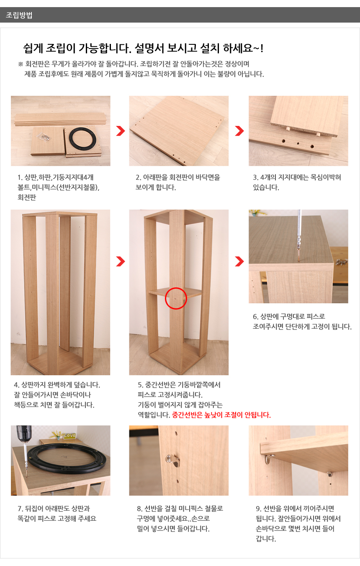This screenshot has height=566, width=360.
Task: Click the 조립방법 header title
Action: pos(19,15)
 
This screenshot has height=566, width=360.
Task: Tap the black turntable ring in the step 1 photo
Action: pos(82,129)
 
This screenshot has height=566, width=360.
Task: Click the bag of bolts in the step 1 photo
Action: pos(45,137)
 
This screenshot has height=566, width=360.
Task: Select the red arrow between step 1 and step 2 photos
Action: pos(121,131)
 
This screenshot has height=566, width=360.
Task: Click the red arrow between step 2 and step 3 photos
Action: pos(239,131)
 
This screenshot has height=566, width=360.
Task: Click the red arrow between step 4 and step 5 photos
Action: pos(121,261)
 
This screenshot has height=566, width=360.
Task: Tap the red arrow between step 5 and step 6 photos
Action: pos(239,261)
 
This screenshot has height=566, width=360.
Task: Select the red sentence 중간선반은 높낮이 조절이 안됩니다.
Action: pos(221,415)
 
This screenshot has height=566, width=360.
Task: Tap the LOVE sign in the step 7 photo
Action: pos(69,435)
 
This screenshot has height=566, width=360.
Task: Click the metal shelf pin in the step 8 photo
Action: pos(172,461)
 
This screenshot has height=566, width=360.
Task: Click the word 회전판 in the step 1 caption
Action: pos(27,197)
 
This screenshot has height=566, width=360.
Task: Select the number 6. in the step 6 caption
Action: pos(256,317)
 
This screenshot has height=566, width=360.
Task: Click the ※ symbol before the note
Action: pos(21,64)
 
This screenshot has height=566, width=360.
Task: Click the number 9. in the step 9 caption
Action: pos(258,509)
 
